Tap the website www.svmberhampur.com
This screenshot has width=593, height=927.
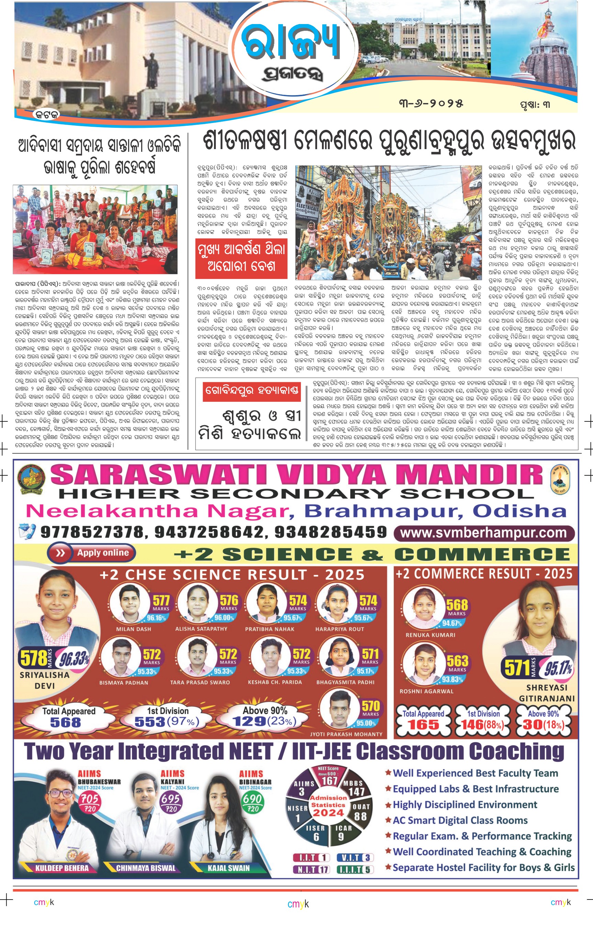(x=484, y=533)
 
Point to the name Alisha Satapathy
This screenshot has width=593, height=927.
(x=201, y=629)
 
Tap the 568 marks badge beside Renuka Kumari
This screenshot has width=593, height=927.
(x=457, y=606)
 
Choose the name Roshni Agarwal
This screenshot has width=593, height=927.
(x=426, y=691)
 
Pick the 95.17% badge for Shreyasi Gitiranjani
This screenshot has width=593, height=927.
(x=558, y=668)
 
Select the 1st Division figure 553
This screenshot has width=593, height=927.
(x=150, y=722)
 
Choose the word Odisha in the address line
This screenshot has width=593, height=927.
(x=519, y=511)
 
